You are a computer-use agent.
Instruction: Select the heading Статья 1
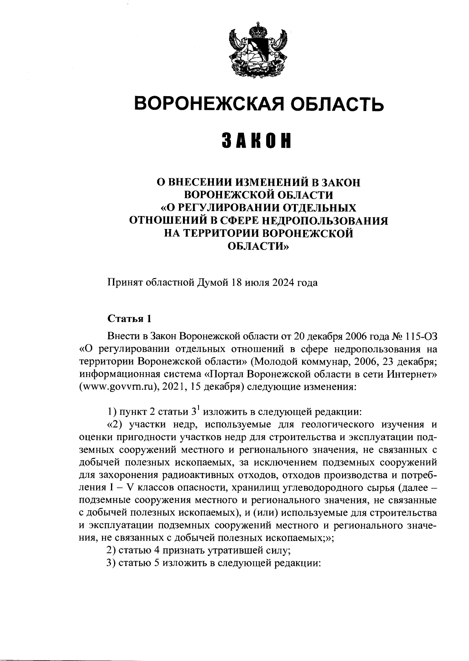point(129,319)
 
